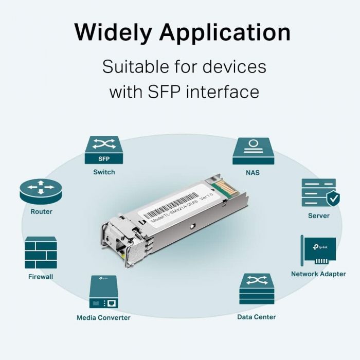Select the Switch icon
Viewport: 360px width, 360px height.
tap(104, 150)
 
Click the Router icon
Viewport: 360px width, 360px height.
tap(41, 191)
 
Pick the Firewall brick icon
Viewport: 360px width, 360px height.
tap(41, 253)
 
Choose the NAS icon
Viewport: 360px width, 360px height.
tap(253, 150)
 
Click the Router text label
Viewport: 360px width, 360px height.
tap(41, 212)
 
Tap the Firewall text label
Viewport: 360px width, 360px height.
tap(41, 277)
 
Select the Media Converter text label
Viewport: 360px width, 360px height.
tap(103, 318)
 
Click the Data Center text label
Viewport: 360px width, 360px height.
tap(256, 317)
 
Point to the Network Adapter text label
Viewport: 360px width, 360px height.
tap(318, 274)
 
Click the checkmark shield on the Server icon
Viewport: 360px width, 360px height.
tap(333, 197)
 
